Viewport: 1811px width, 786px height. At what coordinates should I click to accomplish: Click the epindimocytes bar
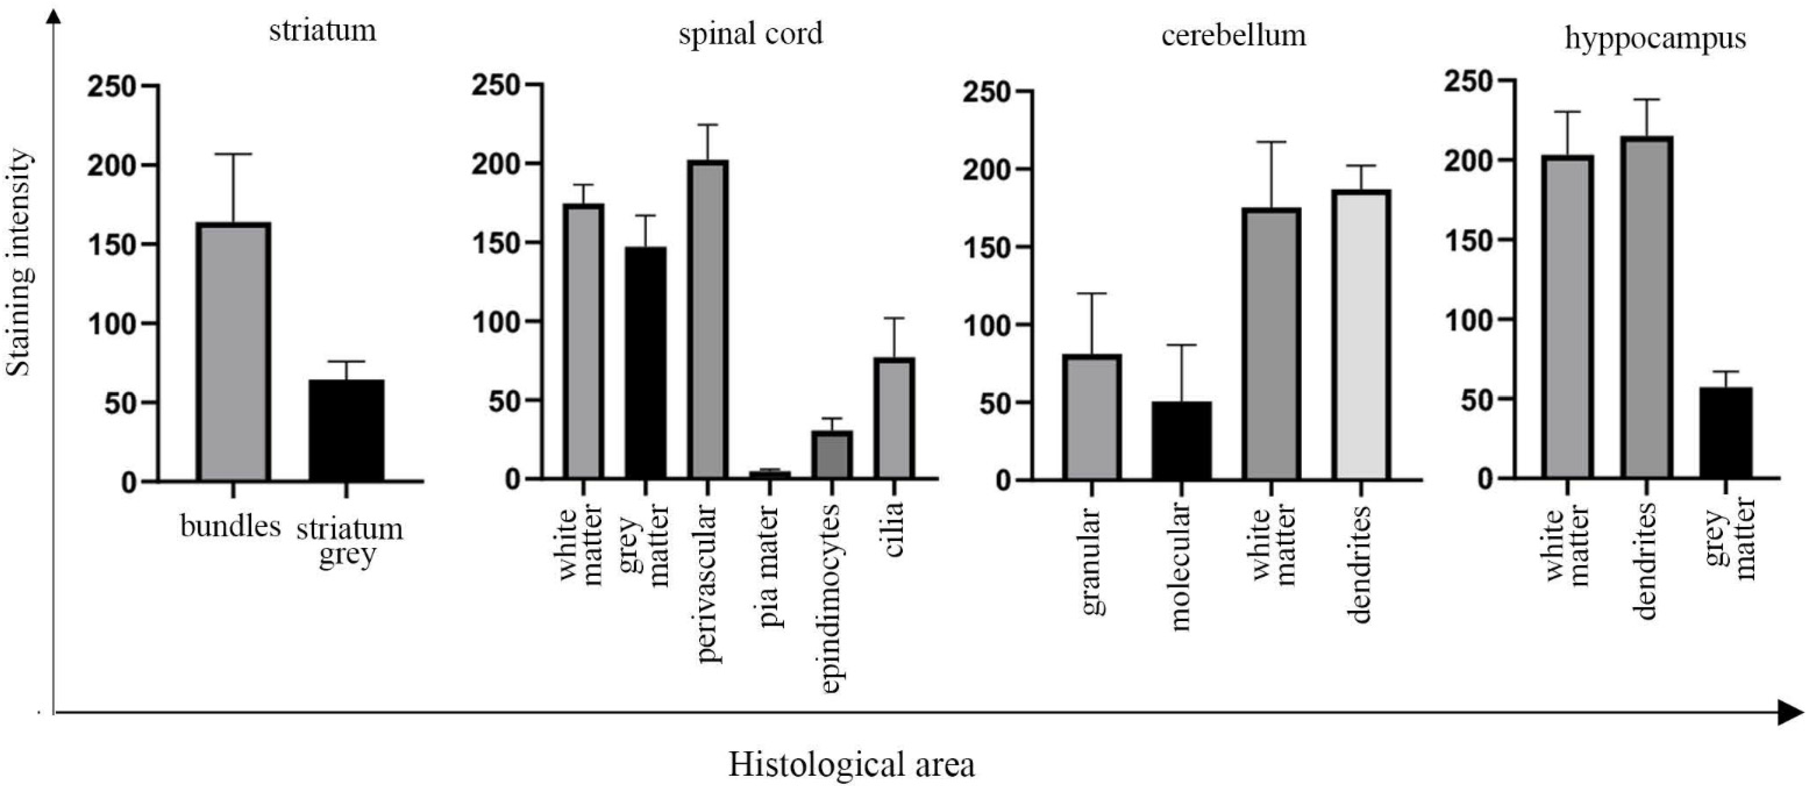832,455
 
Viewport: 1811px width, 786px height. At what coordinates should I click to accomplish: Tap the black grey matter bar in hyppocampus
1726,433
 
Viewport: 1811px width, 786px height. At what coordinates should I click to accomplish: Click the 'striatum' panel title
323,32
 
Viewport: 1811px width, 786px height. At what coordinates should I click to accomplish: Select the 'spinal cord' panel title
750,34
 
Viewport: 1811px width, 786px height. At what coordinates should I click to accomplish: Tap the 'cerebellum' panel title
1234,35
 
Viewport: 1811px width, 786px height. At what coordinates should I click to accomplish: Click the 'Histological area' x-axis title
852,764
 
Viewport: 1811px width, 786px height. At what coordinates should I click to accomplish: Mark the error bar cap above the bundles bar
234,154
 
